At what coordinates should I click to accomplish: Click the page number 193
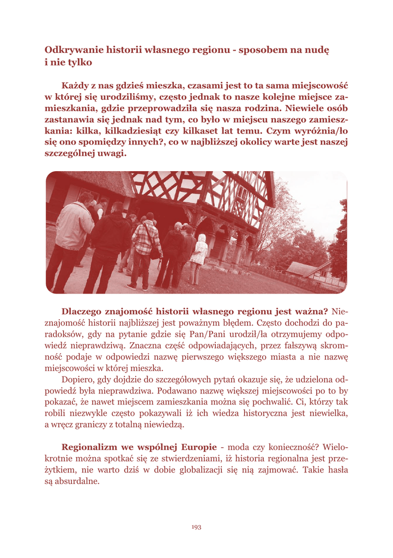[x=196, y=526]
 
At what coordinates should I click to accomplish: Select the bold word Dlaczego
[x=86, y=312]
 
